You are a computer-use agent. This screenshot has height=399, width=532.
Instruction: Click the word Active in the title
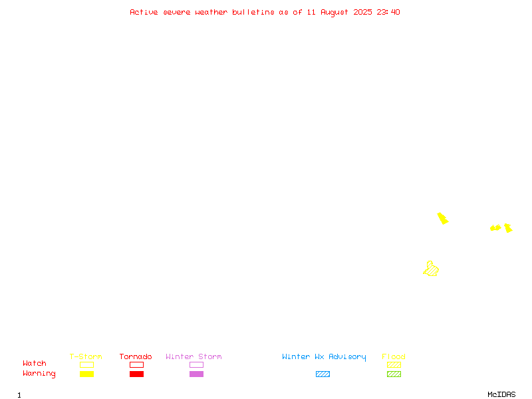(144, 12)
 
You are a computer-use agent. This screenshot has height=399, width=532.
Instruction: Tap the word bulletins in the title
(253, 12)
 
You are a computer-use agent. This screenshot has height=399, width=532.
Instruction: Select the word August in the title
(334, 13)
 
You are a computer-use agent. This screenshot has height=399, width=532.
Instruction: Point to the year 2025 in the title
(362, 12)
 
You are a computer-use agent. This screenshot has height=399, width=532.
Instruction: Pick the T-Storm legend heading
(86, 356)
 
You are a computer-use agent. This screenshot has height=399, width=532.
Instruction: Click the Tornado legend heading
(136, 356)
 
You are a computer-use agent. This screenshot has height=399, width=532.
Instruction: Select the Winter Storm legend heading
(194, 356)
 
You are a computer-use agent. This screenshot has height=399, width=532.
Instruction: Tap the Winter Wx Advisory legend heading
(324, 357)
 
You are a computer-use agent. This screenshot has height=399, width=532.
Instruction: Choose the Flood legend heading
(393, 356)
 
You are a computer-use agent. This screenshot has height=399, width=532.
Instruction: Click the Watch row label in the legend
(35, 363)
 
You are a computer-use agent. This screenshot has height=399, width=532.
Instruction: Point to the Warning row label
(39, 374)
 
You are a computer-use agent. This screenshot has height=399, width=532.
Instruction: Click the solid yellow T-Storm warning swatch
(87, 374)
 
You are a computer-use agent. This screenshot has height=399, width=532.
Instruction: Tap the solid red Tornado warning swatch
(137, 374)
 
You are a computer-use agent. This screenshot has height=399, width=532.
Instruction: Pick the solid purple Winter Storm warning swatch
(196, 374)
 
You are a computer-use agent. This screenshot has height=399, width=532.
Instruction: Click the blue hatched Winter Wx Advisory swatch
(323, 374)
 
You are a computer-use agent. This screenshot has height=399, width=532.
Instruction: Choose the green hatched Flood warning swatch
(394, 374)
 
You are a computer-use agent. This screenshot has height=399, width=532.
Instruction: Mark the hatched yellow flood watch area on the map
(431, 269)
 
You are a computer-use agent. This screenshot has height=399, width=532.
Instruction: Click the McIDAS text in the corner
(501, 394)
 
